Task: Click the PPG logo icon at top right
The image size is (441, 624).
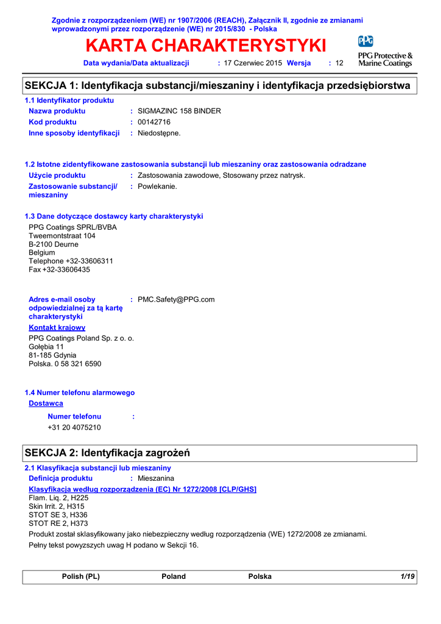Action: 365,41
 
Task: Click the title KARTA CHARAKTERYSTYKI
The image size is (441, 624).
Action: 206,46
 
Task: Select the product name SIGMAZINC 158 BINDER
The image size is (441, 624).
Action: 179,111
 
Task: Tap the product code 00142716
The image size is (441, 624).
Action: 154,122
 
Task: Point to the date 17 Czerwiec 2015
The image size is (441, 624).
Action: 253,63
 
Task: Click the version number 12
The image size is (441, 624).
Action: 340,63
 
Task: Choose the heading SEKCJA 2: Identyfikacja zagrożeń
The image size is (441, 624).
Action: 107,453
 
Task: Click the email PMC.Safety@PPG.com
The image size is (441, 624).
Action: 176,299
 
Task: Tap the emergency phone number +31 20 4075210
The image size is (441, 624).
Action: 74,427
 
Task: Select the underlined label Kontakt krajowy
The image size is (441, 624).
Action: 57,327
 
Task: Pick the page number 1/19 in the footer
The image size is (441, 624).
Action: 407,576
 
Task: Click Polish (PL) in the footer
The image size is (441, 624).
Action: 81,576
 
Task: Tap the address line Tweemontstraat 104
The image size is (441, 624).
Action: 62,236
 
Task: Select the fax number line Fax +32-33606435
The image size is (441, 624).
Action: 59,269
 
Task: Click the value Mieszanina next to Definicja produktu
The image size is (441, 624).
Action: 156,479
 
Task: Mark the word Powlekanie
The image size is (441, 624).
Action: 157,186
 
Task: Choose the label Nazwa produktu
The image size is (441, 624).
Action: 57,111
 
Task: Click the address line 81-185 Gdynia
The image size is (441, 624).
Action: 52,355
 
